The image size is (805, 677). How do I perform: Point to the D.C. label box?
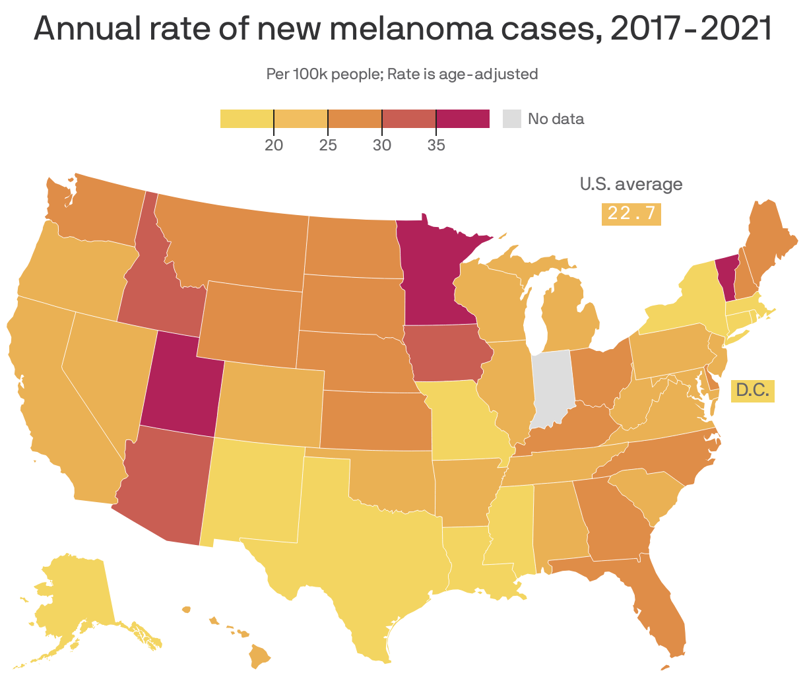(752, 391)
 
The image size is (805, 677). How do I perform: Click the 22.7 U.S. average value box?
(631, 214)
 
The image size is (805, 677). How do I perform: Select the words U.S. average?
(631, 184)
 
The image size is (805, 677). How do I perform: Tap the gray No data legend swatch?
(512, 119)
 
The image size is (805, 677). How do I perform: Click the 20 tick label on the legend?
(274, 145)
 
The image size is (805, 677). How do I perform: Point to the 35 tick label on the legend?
(435, 145)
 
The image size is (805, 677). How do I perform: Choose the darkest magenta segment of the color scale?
(463, 119)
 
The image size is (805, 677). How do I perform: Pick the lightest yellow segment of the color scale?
(247, 119)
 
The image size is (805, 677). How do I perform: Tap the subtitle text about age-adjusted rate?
(402, 74)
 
